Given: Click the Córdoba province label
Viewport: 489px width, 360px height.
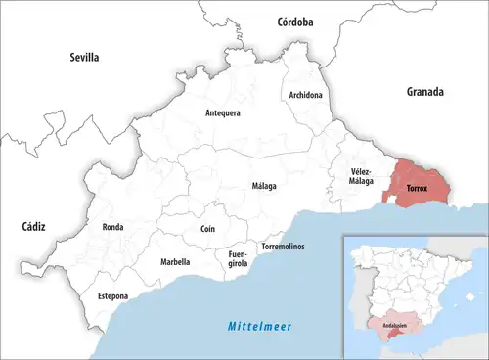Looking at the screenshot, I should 294,21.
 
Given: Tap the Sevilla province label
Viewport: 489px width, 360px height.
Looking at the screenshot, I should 84,58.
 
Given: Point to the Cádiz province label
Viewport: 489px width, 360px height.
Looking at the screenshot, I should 33,226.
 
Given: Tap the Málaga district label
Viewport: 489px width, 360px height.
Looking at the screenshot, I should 263,185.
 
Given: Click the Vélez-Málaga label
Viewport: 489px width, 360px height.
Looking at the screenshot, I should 363,176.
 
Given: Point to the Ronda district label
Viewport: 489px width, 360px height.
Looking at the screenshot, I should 112,227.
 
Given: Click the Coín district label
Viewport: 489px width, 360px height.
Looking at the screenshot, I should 207,228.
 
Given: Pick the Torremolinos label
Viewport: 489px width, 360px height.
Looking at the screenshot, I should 283,246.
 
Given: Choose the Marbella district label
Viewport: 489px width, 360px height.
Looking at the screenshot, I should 175,261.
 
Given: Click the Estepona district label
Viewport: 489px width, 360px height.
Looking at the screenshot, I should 112,294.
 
